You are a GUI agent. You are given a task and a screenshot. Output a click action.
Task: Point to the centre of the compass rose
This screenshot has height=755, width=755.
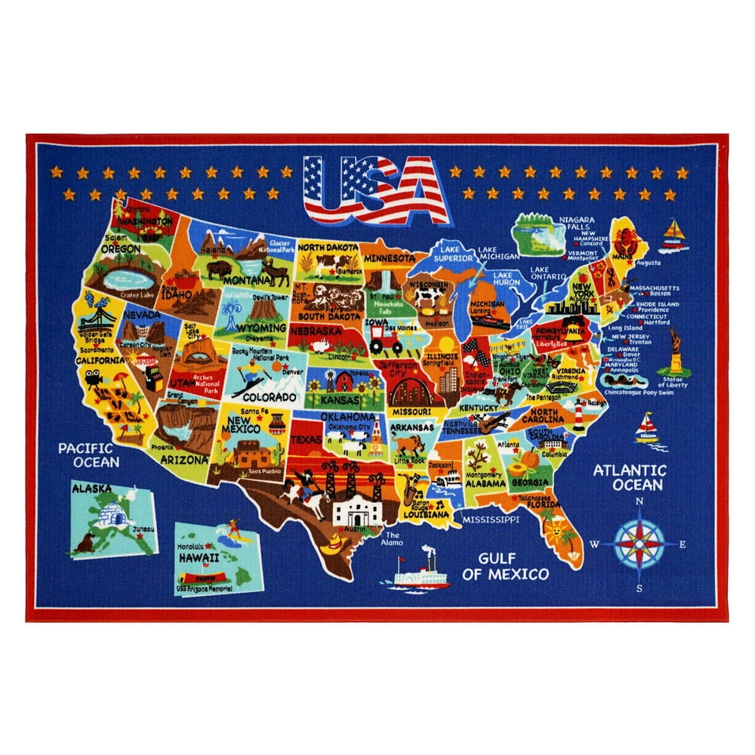coord(639,543)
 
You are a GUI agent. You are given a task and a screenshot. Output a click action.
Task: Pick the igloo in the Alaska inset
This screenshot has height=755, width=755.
coord(118,516)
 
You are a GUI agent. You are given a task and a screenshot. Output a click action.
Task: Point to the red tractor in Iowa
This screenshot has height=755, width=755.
coord(384,344)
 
